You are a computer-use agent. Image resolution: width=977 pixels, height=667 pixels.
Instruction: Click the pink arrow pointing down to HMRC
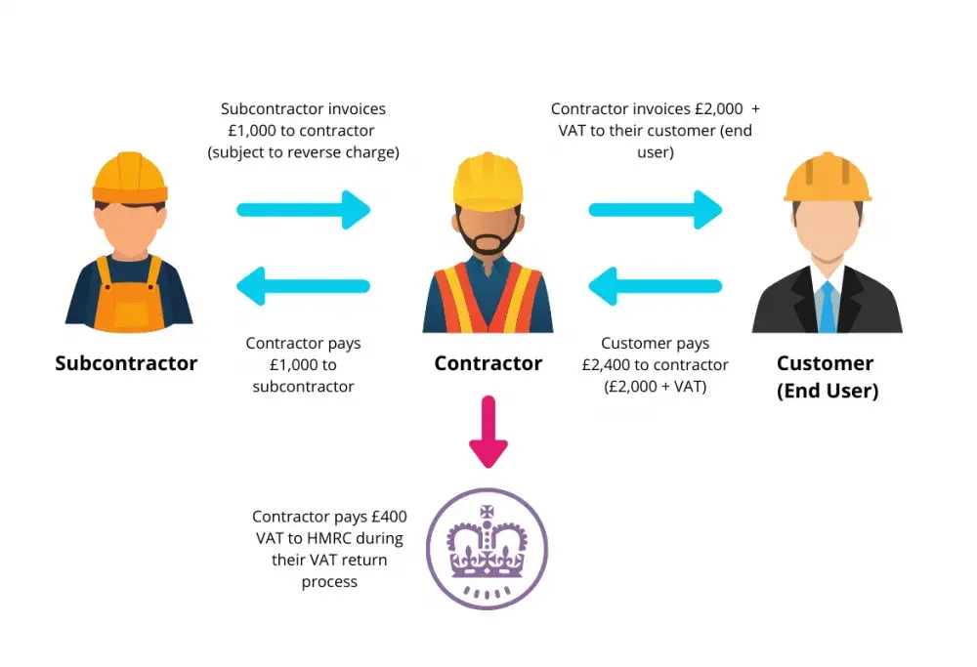[488, 431]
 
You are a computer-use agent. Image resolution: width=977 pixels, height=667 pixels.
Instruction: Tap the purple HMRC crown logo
[488, 548]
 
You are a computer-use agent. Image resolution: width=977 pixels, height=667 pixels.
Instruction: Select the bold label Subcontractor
[126, 363]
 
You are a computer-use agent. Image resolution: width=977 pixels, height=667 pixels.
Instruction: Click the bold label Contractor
[488, 363]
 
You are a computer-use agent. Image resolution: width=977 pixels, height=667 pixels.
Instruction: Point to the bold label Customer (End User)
[828, 377]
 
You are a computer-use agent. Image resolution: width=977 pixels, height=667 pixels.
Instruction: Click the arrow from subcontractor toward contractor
[304, 210]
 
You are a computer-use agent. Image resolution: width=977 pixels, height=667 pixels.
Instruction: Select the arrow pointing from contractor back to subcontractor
[304, 286]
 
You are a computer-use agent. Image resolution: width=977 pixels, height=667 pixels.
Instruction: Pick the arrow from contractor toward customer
[656, 210]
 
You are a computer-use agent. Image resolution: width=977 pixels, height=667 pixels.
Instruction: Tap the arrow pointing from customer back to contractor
[656, 286]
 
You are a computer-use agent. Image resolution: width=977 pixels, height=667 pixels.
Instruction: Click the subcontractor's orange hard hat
[130, 178]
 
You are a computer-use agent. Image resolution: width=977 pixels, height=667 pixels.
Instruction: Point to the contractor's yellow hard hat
[488, 181]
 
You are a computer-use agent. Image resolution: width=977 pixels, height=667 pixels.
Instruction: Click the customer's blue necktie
[827, 307]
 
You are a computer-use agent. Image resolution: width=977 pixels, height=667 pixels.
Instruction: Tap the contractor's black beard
[488, 238]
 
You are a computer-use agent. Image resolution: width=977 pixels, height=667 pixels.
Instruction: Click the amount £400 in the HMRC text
[389, 517]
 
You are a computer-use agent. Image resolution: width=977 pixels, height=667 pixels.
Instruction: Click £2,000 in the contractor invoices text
[719, 109]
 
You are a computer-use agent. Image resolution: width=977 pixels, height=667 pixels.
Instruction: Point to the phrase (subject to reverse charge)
[304, 152]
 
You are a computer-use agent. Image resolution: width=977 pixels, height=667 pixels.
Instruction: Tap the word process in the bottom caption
[329, 582]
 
